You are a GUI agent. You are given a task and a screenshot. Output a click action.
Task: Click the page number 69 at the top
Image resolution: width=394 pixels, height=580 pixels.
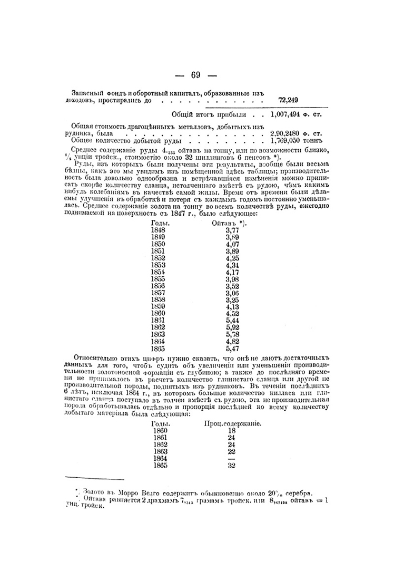195,75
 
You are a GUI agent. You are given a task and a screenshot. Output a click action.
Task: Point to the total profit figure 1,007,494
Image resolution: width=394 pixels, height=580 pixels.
288,113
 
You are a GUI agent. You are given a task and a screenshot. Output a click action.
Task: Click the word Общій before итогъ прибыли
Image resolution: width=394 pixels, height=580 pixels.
183,113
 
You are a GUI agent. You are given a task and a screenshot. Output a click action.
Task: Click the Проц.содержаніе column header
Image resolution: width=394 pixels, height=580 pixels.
233,423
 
